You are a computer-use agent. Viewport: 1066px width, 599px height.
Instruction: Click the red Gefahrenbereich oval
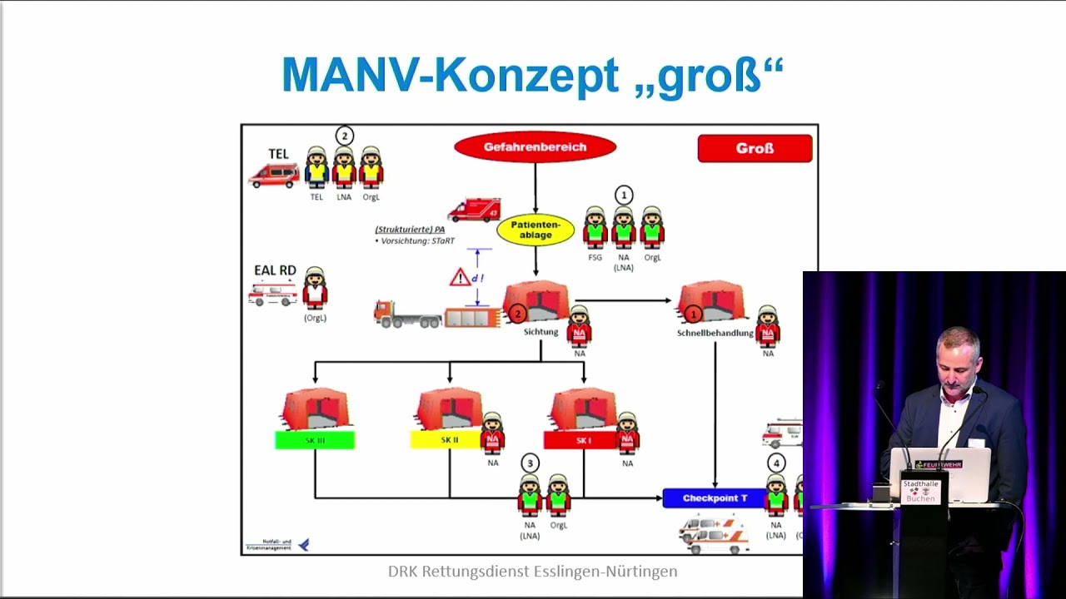[x=535, y=147]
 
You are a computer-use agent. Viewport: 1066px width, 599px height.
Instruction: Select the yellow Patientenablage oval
[x=535, y=230]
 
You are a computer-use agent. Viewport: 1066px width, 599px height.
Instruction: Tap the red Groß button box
[x=755, y=149]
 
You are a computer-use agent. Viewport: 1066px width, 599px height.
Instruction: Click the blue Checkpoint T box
[x=715, y=498]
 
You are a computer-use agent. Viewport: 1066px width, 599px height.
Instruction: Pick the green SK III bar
[x=315, y=440]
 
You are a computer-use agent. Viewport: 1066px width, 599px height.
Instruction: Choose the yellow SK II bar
[x=446, y=440]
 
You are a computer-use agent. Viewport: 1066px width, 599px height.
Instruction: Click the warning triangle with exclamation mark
[x=460, y=277]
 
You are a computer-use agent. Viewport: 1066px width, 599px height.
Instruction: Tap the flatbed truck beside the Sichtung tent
[x=408, y=314]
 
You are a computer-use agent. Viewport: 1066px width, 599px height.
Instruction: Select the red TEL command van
[x=274, y=175]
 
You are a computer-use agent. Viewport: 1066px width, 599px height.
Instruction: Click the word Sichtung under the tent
[x=540, y=332]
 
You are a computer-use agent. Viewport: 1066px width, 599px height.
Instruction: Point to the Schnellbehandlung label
[x=715, y=333]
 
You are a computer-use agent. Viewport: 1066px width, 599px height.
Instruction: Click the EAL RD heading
[x=275, y=270]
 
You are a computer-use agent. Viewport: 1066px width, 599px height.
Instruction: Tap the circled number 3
[x=530, y=463]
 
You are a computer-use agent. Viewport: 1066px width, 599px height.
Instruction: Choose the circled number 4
[x=776, y=463]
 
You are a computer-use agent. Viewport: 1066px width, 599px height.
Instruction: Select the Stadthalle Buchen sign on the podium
[x=920, y=491]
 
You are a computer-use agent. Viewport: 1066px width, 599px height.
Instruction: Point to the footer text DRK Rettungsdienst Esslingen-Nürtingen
[x=532, y=572]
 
